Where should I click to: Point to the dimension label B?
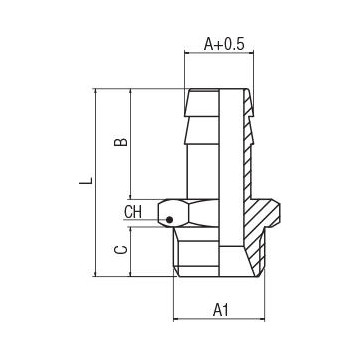point(120,143)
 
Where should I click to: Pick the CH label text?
point(133,212)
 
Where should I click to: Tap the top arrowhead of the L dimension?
point(95,92)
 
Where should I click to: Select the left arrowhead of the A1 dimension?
point(177,298)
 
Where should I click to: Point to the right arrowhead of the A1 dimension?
point(267,298)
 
